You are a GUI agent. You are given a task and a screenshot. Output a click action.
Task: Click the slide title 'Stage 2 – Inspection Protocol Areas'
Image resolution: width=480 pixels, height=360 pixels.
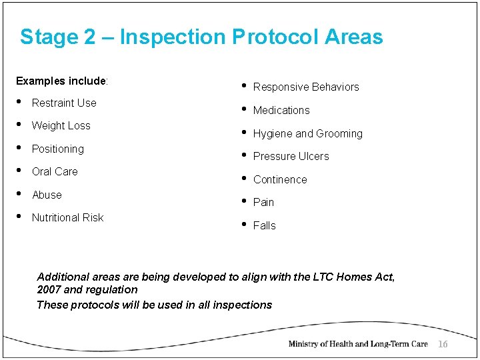coord(201,37)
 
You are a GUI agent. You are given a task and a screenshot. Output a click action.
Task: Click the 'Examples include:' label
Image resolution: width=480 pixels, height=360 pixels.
coord(62,81)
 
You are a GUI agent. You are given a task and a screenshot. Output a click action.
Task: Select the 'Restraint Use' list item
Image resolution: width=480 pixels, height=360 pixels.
coord(64,103)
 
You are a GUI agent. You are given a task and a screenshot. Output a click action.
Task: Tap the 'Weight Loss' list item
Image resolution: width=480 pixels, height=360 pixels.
coord(61,125)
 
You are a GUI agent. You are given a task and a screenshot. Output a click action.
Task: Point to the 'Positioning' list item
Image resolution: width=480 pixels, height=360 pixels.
coord(57,149)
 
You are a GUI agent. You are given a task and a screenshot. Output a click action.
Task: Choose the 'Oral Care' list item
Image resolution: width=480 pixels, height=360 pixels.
coord(55,171)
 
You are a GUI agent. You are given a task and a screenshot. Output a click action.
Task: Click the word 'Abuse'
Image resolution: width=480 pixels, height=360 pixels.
coord(47,195)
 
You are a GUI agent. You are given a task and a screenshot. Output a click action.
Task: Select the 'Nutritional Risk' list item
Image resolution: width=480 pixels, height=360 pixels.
coord(67,217)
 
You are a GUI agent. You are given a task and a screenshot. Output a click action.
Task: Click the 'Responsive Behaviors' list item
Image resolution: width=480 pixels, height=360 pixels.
coord(306,87)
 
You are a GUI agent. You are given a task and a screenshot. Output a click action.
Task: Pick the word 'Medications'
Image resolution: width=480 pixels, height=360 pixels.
coord(281,110)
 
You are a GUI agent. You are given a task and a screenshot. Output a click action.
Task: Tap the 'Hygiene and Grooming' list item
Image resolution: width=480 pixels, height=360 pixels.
coord(307,133)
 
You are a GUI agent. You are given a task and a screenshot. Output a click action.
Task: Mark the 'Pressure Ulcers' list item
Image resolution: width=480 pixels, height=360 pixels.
coord(291,156)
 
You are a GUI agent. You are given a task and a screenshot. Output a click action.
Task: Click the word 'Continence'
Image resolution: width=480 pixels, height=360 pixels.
coord(280,179)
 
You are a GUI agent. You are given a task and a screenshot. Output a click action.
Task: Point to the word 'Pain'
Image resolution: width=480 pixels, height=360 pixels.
coord(263,202)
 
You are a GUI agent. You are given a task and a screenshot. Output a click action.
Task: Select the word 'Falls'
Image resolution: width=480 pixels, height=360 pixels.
coord(264,225)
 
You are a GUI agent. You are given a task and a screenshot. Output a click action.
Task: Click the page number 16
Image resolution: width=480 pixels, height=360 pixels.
coord(443,344)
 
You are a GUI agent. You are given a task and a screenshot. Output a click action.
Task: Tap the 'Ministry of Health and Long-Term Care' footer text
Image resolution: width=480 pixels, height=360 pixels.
coord(357,344)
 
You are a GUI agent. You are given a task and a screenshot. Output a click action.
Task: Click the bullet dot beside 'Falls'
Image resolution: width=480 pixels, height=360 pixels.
coord(243,223)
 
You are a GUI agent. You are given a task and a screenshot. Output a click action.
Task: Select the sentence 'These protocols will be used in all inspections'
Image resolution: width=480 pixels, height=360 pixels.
coord(154,305)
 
